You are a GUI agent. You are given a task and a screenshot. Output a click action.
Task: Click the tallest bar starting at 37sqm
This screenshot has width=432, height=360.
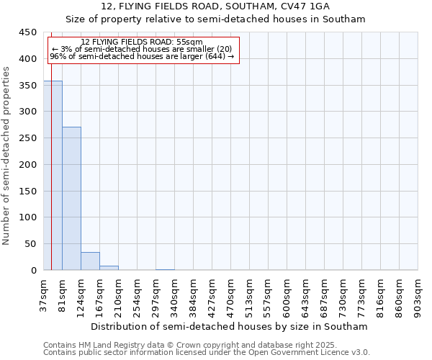click(53, 176)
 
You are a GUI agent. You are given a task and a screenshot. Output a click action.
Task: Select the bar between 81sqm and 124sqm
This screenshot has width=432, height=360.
click(71, 199)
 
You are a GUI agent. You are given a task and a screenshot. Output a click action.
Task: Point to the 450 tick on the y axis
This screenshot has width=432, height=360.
click(28, 32)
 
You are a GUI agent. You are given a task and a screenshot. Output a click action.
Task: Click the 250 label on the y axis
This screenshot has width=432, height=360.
click(28, 138)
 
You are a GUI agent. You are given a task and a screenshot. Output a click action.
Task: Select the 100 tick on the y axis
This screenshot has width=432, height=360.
click(28, 217)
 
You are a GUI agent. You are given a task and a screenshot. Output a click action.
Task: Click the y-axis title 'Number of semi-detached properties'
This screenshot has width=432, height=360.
click(7, 156)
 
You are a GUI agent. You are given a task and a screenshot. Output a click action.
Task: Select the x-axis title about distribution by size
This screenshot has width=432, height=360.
click(230, 326)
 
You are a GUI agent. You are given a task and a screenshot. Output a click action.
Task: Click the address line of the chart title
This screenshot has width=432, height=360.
click(215, 6)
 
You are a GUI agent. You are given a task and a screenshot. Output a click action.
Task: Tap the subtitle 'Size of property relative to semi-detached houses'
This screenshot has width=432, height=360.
click(215, 19)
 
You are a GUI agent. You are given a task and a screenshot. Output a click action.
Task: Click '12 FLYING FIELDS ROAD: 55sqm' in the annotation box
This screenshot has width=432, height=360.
click(142, 42)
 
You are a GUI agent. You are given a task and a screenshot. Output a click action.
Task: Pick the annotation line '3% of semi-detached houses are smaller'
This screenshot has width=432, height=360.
click(142, 49)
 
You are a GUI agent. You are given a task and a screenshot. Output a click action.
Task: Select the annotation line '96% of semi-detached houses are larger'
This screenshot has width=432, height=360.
click(142, 56)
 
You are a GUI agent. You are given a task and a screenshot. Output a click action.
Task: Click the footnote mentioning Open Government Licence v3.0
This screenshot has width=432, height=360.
click(207, 353)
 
